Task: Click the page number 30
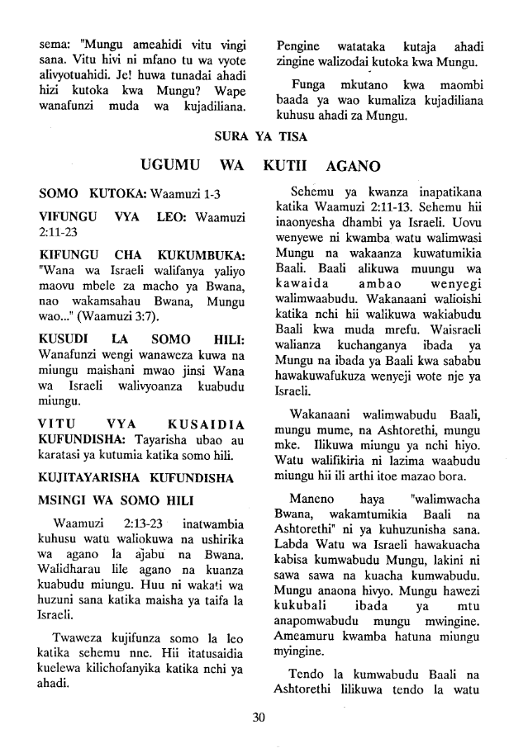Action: tap(264, 717)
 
